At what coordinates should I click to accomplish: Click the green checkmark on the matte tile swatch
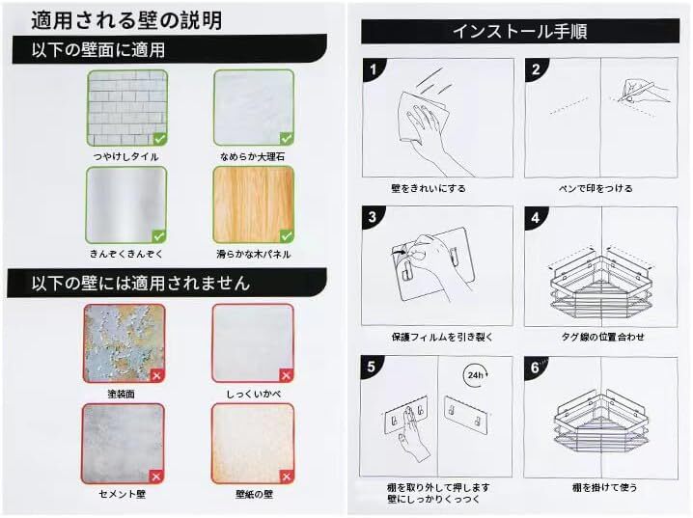(159, 139)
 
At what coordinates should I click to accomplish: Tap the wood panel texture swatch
(254, 204)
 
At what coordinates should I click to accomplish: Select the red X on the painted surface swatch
(157, 376)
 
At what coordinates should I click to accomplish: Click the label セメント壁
(123, 494)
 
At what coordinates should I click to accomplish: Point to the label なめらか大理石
(252, 156)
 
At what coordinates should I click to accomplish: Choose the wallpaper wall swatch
(253, 444)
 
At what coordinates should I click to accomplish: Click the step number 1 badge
(374, 69)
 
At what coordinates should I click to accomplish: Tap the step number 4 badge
(536, 218)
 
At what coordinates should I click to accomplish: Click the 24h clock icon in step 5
(476, 375)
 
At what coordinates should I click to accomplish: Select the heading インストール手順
(519, 32)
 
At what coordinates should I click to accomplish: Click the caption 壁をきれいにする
(429, 188)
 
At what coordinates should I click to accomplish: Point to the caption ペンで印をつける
(596, 188)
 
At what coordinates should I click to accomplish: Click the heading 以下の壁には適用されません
(141, 283)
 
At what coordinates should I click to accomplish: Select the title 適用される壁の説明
(126, 20)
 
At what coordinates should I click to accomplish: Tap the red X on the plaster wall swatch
(287, 376)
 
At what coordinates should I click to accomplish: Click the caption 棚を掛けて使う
(604, 487)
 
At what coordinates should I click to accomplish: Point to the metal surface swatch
(126, 204)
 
